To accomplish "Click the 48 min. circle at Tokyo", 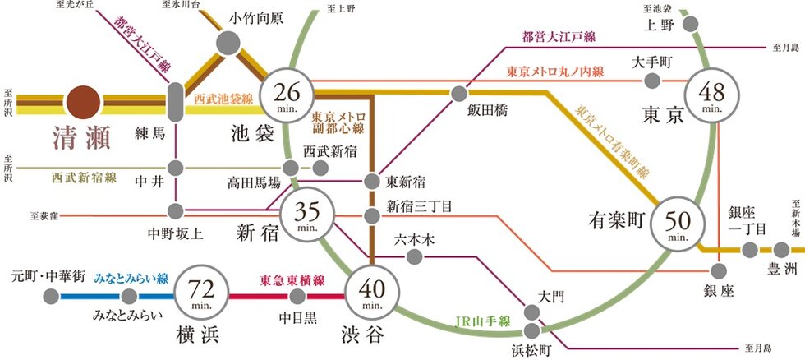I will coord(712,95).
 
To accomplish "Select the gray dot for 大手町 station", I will coord(653,81).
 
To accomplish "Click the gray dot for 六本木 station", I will coord(415,257).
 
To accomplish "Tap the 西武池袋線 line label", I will coord(223,99).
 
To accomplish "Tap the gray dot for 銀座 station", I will coord(720,271).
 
